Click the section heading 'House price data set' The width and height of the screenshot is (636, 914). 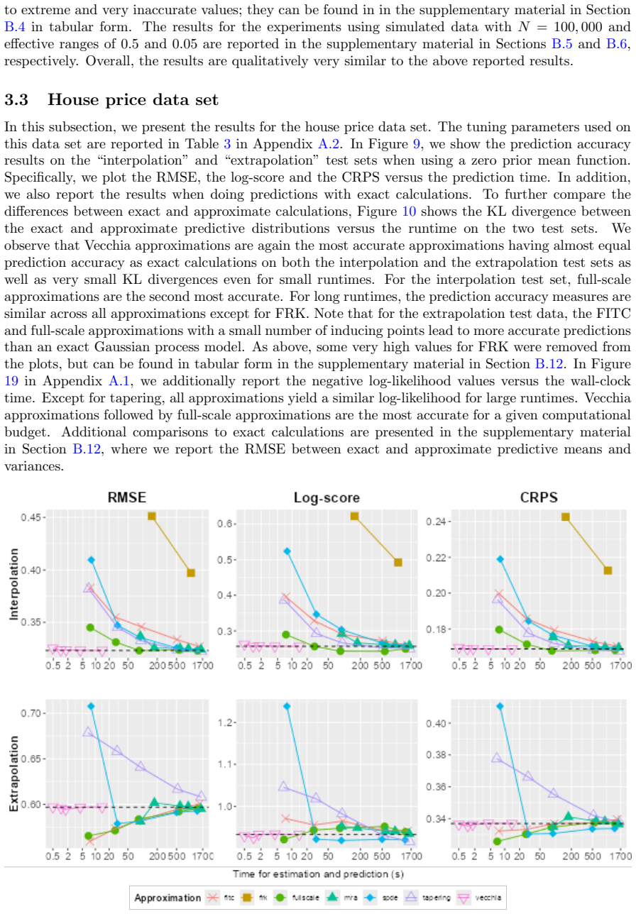(x=133, y=100)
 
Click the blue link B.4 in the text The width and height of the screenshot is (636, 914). (x=15, y=27)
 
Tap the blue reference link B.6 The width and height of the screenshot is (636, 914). (x=616, y=44)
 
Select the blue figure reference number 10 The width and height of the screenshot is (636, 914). (x=409, y=211)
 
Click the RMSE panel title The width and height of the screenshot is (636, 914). (x=127, y=497)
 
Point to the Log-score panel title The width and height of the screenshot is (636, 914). (x=327, y=498)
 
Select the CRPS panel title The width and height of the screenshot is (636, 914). (x=539, y=497)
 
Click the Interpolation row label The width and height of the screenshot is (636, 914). (x=14, y=584)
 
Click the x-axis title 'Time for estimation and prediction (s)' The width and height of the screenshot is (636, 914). (x=318, y=874)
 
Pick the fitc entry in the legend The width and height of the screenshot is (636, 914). (x=221, y=898)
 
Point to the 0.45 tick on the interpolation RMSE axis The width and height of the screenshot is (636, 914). (x=31, y=517)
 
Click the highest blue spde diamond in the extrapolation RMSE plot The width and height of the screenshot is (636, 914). (x=91, y=706)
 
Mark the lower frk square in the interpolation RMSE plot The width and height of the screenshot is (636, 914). (x=191, y=573)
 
